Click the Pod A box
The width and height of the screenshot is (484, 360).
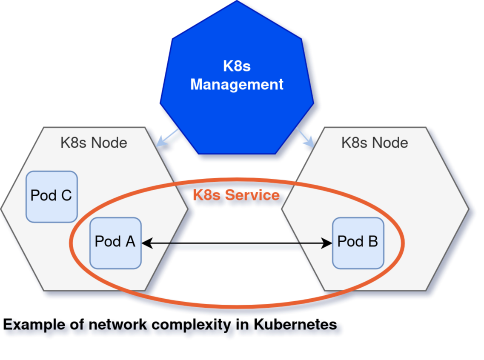click(x=115, y=243)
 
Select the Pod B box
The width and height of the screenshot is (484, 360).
click(x=358, y=243)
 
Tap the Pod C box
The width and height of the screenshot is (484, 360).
click(x=52, y=197)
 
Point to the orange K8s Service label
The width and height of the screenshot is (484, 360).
click(x=236, y=195)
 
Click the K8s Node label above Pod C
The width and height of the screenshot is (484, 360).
click(x=94, y=143)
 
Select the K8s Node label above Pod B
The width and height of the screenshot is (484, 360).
click(x=375, y=143)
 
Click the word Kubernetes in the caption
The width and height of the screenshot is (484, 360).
click(x=295, y=325)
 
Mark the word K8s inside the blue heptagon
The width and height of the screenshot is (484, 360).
click(x=237, y=66)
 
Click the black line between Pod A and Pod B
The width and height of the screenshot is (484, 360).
click(x=237, y=243)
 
